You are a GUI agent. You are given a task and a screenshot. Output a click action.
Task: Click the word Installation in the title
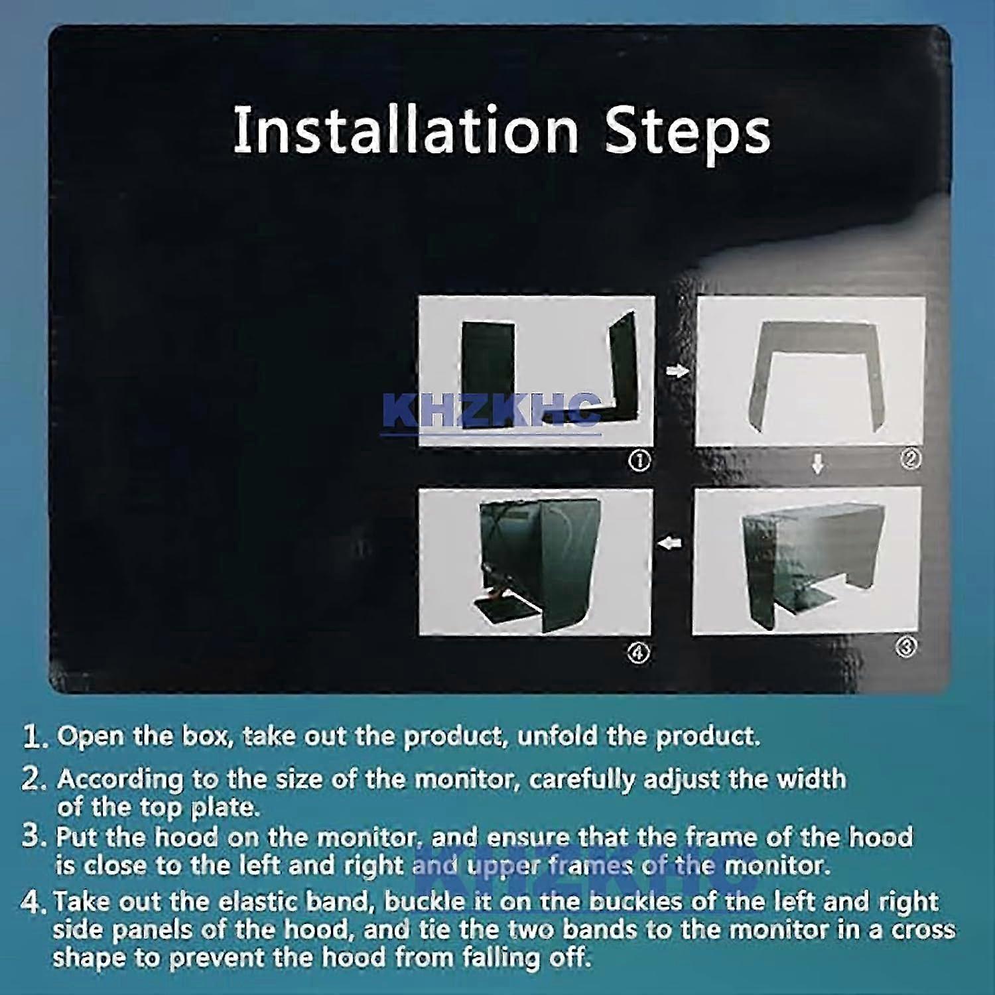405,130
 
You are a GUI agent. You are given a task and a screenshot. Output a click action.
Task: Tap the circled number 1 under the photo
639,461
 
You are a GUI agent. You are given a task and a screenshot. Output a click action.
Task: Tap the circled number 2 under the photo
911,458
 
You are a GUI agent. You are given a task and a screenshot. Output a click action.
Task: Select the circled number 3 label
906,647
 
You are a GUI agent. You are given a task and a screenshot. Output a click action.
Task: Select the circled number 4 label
638,653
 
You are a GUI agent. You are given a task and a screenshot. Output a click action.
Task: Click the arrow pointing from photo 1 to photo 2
677,371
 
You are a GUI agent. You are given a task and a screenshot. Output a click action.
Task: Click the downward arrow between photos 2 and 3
818,464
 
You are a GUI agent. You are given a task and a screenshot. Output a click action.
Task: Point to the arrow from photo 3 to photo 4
670,544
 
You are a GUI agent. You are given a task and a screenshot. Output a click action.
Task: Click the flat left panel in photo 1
488,375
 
